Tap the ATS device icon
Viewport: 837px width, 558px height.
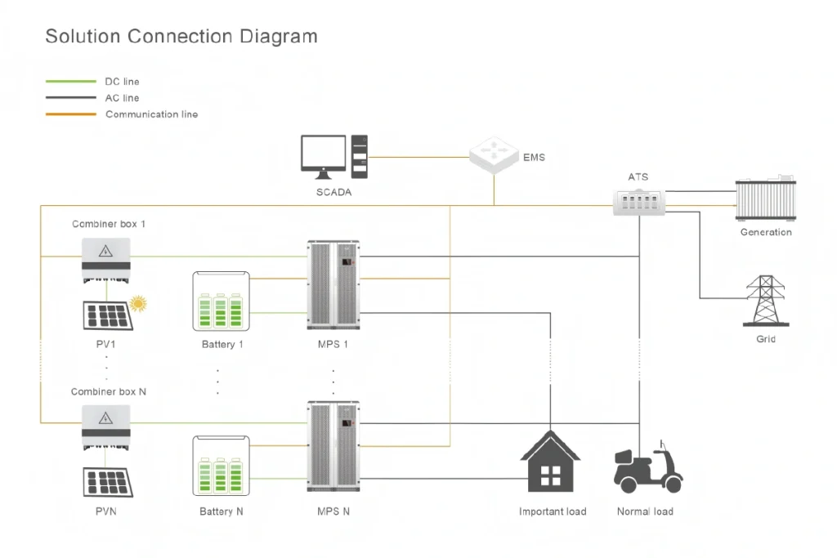pos(641,201)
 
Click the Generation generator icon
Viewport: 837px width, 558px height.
pos(765,199)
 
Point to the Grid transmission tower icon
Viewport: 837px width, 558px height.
pos(765,301)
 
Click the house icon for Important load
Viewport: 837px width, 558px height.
pos(550,462)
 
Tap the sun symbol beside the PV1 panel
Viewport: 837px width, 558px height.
pos(139,305)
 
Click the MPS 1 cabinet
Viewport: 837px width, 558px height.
pos(332,285)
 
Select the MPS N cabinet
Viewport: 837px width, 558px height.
pos(332,447)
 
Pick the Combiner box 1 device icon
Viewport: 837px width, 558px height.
pos(105,258)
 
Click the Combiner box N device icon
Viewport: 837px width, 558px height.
pos(105,426)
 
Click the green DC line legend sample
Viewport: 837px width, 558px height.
pos(70,82)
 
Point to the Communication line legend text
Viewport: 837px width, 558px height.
pos(151,114)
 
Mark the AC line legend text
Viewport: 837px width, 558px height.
pos(122,98)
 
